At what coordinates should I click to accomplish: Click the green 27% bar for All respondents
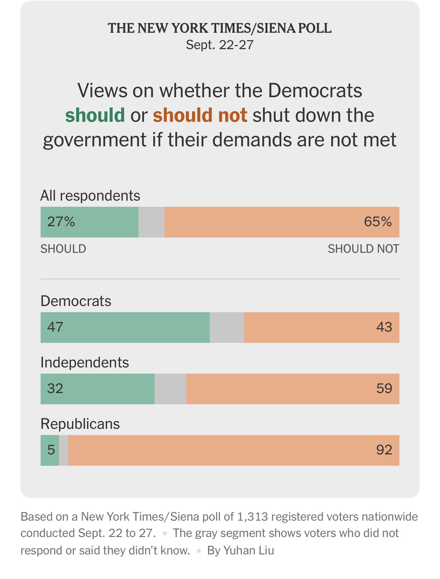pyautogui.click(x=89, y=222)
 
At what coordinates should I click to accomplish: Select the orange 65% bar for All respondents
pyautogui.click(x=282, y=222)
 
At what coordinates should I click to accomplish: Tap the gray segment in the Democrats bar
pyautogui.click(x=227, y=328)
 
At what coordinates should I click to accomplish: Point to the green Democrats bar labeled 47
pyautogui.click(x=125, y=328)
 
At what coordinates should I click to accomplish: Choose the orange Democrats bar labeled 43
pyautogui.click(x=322, y=328)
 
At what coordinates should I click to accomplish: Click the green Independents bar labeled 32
pyautogui.click(x=97, y=389)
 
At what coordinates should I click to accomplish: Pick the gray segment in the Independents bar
pyautogui.click(x=170, y=389)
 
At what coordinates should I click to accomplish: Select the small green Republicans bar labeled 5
pyautogui.click(x=50, y=450)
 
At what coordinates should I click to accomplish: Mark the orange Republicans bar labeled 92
pyautogui.click(x=234, y=450)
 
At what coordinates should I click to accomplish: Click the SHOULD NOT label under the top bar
pyautogui.click(x=363, y=249)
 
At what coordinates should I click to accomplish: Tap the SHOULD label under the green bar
pyautogui.click(x=63, y=249)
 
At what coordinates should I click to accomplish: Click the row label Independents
pyautogui.click(x=85, y=362)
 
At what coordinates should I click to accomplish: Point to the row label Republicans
pyautogui.click(x=80, y=424)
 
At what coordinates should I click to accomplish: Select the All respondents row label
pyautogui.click(x=90, y=196)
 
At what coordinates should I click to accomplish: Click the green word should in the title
pyautogui.click(x=95, y=115)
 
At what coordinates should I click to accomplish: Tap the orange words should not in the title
pyautogui.click(x=200, y=115)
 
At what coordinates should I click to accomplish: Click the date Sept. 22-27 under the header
pyautogui.click(x=220, y=45)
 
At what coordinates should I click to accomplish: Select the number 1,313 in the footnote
pyautogui.click(x=252, y=517)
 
